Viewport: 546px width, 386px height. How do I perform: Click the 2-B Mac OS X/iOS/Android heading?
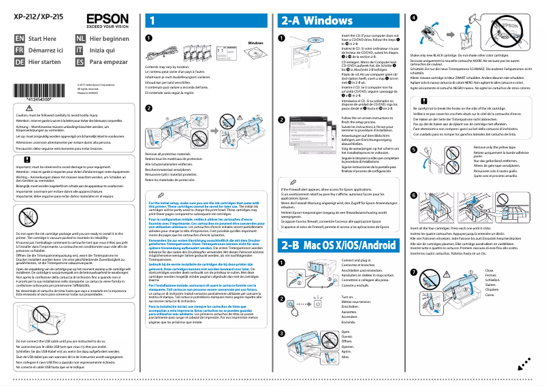[x=336, y=244]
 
